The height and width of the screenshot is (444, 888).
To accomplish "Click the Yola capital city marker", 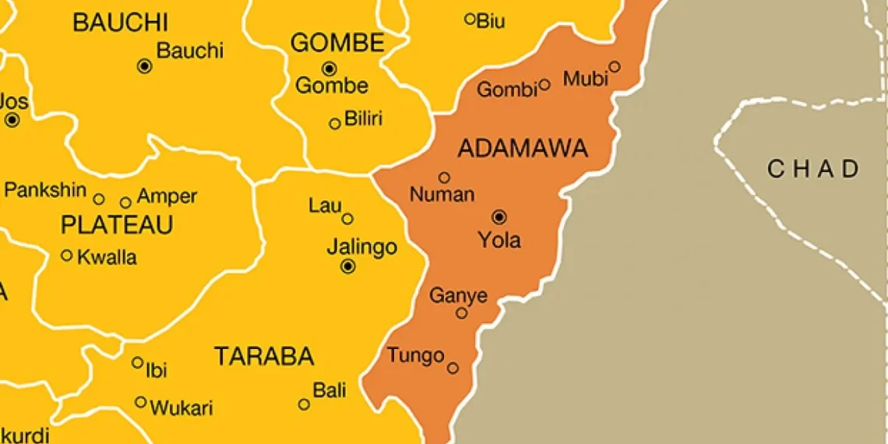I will (499, 217).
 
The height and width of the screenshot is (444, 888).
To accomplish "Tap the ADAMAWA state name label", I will (522, 149).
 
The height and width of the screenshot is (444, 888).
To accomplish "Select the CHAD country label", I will (813, 169).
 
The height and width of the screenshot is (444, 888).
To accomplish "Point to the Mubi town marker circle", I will (614, 67).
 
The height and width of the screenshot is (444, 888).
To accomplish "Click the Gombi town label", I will (507, 90).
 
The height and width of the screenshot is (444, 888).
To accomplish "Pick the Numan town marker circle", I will (444, 178).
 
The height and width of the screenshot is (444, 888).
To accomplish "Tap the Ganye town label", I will (458, 296).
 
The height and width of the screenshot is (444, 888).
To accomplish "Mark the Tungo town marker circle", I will (453, 368).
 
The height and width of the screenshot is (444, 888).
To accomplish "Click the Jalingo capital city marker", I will (348, 266).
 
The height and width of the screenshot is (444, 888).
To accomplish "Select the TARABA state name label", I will (264, 357).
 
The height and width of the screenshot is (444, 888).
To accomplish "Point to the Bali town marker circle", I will (304, 404).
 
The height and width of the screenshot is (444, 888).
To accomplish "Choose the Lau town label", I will (325, 206).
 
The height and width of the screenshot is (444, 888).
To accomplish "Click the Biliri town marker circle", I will (335, 123).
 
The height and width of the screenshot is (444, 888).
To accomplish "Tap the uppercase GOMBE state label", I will (337, 43).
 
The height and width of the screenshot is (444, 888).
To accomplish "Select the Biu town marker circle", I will (470, 19).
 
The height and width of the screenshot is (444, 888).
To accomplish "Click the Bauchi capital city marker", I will (144, 67).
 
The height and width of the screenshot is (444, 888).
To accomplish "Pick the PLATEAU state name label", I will (117, 225).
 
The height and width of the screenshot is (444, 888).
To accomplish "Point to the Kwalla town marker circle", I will (67, 255).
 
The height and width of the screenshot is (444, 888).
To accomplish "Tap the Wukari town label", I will (181, 407).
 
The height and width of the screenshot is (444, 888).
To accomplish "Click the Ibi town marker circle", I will (137, 362).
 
